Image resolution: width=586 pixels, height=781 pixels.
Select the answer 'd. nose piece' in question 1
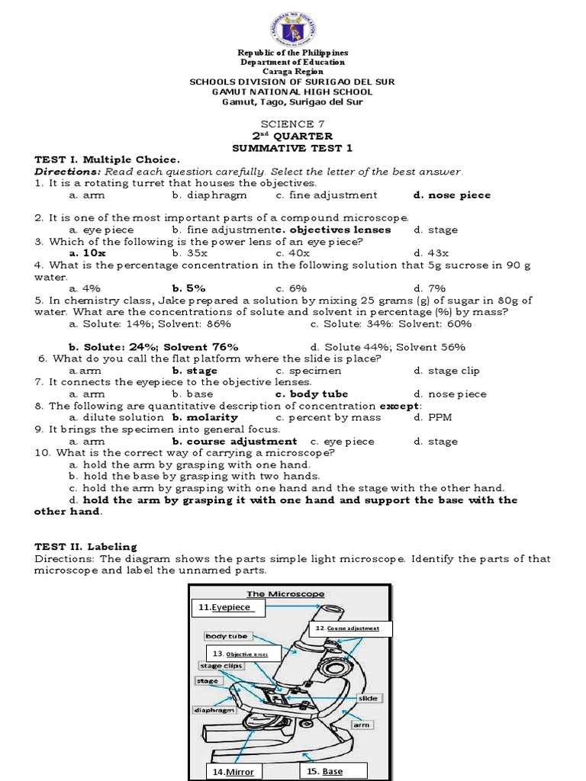452,195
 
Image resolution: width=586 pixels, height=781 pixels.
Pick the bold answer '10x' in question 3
86,253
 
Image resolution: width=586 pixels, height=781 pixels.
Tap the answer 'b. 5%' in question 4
189,288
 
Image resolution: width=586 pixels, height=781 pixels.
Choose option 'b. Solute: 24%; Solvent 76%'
153,346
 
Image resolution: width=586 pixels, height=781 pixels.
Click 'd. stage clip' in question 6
446,371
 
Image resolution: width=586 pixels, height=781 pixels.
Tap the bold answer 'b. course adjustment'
234,441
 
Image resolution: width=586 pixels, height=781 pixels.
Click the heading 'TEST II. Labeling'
86,546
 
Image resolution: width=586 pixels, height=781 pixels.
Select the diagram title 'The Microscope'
285,593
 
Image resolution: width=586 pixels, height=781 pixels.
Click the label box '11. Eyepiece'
230,607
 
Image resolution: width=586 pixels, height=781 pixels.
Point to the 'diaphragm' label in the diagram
211,709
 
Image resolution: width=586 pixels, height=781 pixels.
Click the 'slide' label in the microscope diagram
367,698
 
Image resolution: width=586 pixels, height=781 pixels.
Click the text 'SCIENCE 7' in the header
287,124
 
